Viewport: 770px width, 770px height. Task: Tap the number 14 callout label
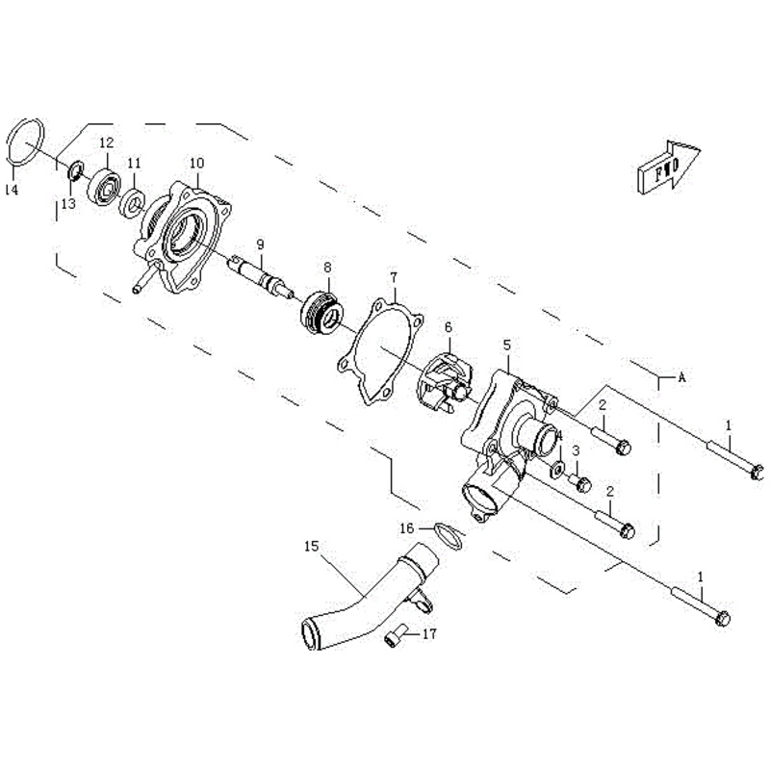11,191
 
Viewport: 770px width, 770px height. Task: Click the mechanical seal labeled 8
320,309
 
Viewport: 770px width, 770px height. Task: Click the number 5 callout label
506,345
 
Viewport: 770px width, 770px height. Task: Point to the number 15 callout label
310,547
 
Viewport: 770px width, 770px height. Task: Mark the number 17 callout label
429,633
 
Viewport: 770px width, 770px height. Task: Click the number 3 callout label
575,449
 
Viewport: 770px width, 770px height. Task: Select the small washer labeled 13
72,173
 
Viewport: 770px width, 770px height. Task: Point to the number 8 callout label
327,268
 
